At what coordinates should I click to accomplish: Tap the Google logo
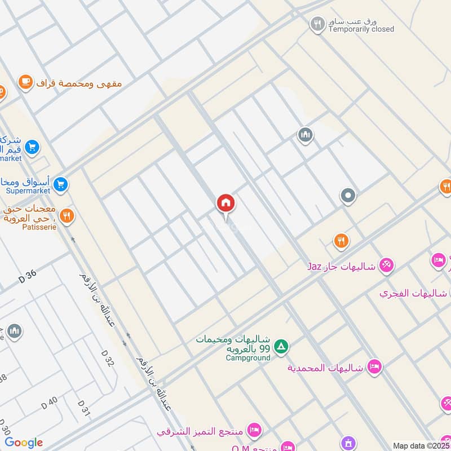24,443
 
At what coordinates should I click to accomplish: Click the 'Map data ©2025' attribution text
421,445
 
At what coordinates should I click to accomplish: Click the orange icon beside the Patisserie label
67,215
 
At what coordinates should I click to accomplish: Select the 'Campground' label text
248,357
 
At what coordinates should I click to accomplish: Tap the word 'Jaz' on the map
314,266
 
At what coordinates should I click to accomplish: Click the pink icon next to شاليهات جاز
386,264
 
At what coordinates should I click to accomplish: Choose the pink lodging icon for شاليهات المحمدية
374,367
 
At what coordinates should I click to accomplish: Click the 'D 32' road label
108,358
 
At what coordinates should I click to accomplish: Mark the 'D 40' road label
50,403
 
